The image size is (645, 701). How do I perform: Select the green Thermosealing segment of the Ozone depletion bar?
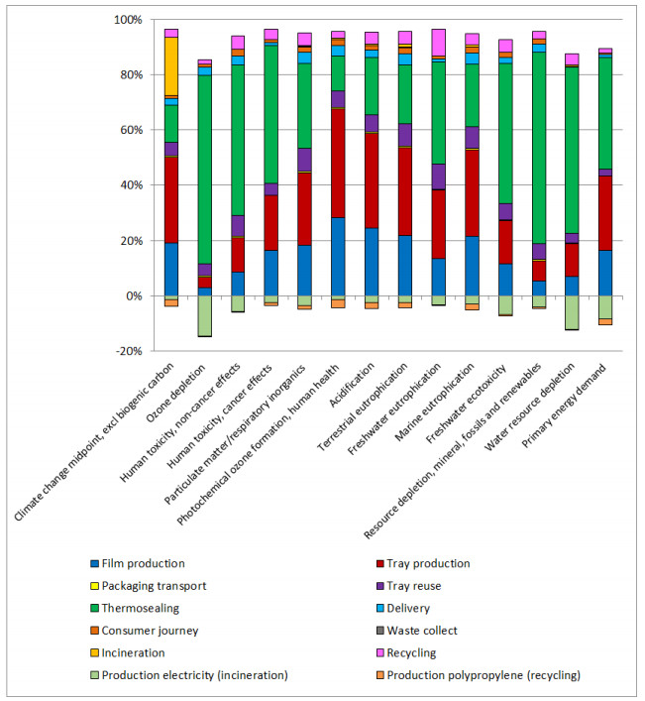click(205, 169)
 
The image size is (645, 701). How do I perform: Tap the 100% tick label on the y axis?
click(127, 20)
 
